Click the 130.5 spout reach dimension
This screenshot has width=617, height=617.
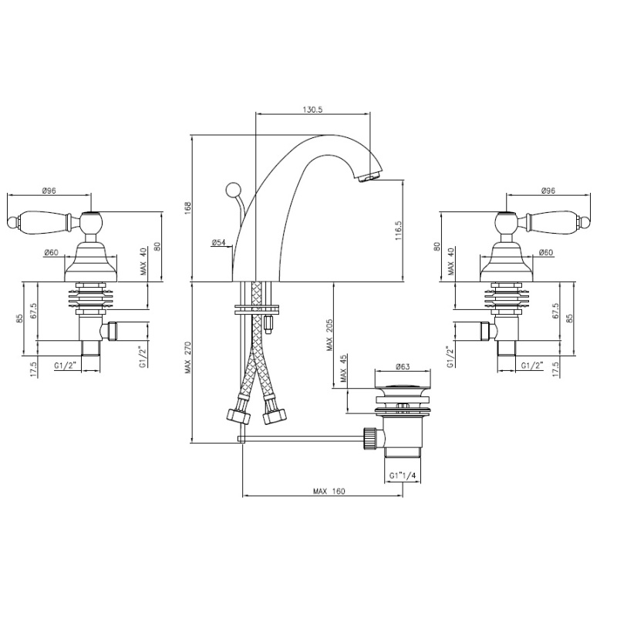[x=312, y=110]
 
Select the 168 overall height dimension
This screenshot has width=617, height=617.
[x=187, y=207]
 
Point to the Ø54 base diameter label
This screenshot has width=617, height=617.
[x=218, y=242]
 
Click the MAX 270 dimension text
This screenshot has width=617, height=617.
[x=187, y=357]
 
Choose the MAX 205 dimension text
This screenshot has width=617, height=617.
[x=329, y=335]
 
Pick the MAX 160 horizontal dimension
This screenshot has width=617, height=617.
[x=329, y=491]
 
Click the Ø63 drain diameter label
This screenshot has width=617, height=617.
[x=403, y=366]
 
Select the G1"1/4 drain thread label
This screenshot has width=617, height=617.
[x=403, y=476]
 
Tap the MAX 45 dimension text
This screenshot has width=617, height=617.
[x=343, y=369]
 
